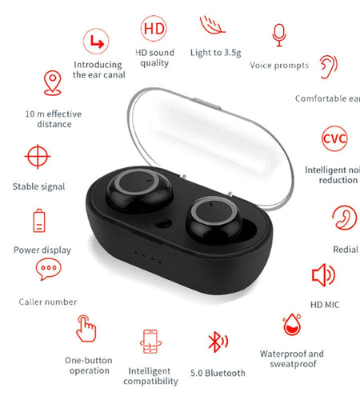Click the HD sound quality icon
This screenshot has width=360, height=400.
tap(154, 29)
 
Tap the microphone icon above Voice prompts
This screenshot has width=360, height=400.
tap(279, 34)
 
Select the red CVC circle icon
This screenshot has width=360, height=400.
tap(334, 138)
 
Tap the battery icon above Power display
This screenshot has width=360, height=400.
tap(39, 219)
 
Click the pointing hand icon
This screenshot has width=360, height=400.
tap(86, 328)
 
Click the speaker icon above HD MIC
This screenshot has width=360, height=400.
tap(323, 275)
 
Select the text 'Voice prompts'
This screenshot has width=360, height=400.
tap(279, 65)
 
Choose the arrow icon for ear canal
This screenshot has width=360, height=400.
tap(98, 39)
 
